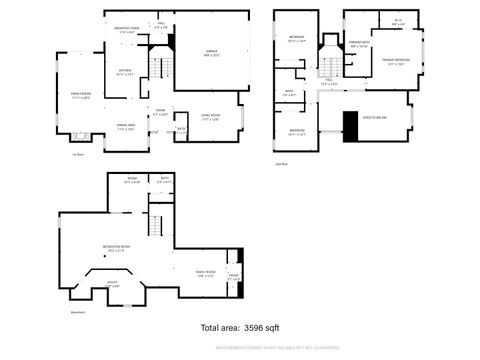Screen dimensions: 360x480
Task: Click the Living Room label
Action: [x=208, y=118]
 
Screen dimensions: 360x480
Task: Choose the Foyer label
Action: [x=160, y=112]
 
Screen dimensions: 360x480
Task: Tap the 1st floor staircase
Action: [x=157, y=70]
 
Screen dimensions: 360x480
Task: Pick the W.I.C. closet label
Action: [x=398, y=21]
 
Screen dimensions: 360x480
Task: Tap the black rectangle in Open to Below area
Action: [x=349, y=125]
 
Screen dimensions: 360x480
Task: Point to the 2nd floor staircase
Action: [x=326, y=62]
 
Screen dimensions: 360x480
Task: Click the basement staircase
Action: [x=156, y=223]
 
